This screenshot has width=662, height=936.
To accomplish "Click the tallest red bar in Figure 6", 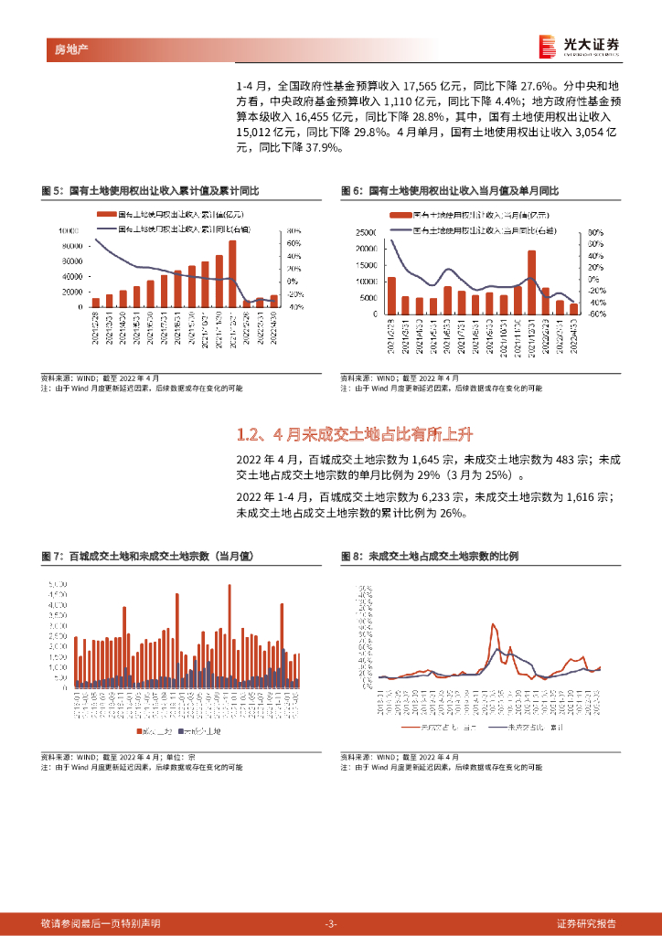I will pos(531,282).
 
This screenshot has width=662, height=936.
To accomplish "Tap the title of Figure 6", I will pos(449,191).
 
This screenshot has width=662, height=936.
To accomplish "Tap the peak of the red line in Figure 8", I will pos(494,625).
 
